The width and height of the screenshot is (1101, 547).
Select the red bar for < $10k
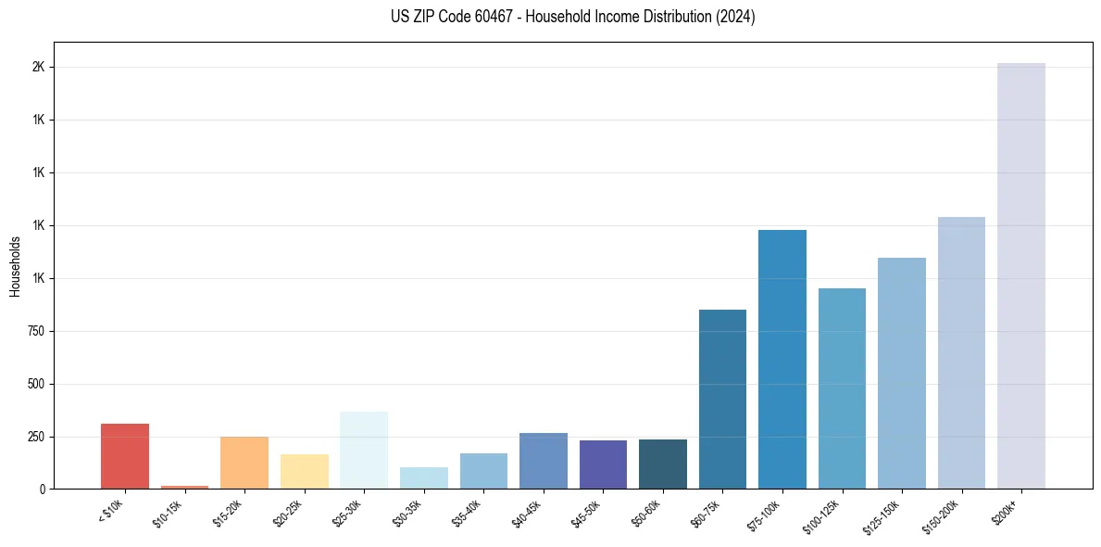coord(125,456)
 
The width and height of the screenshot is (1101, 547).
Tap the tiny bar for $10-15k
coord(184,487)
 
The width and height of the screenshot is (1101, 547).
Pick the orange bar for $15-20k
coord(244,463)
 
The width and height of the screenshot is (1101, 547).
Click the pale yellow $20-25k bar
coord(304,471)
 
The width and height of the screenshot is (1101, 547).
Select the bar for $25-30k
coord(364,450)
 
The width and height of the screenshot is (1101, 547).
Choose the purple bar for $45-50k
coord(603,464)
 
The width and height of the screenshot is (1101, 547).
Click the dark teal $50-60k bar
coord(663,464)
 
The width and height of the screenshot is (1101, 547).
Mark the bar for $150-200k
coord(961,353)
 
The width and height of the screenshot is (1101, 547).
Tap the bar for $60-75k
coord(722,400)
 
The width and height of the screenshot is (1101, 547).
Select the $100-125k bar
coord(842,388)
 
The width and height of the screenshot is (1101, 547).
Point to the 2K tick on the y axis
coord(38,68)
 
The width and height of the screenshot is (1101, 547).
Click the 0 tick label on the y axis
coord(42,489)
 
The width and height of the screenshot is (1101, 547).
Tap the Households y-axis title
coord(15,266)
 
